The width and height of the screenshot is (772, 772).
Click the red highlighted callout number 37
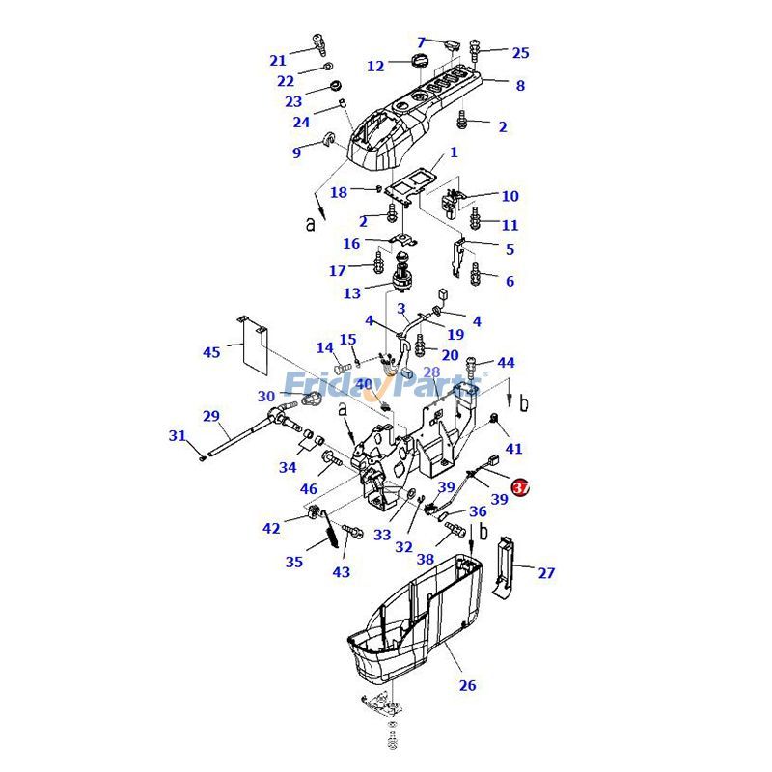click(x=520, y=488)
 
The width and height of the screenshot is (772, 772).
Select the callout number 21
click(x=278, y=61)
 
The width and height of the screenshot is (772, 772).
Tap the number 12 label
click(x=375, y=67)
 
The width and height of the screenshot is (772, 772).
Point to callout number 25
click(x=520, y=53)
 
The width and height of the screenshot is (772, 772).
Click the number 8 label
click(x=520, y=86)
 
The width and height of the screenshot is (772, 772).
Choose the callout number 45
click(x=211, y=352)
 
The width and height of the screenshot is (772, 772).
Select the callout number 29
click(x=211, y=416)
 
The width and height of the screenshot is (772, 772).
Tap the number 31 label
click(x=177, y=436)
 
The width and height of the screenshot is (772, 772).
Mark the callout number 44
click(x=507, y=363)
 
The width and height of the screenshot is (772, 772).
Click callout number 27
click(x=546, y=573)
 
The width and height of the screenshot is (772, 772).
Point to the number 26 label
click(x=467, y=686)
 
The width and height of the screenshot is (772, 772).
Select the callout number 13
click(x=352, y=292)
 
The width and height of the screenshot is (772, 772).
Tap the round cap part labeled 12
click(x=418, y=63)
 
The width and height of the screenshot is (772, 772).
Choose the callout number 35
click(x=294, y=562)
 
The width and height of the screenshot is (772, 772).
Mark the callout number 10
click(x=510, y=196)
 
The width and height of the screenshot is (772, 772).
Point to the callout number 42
click(x=272, y=529)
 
